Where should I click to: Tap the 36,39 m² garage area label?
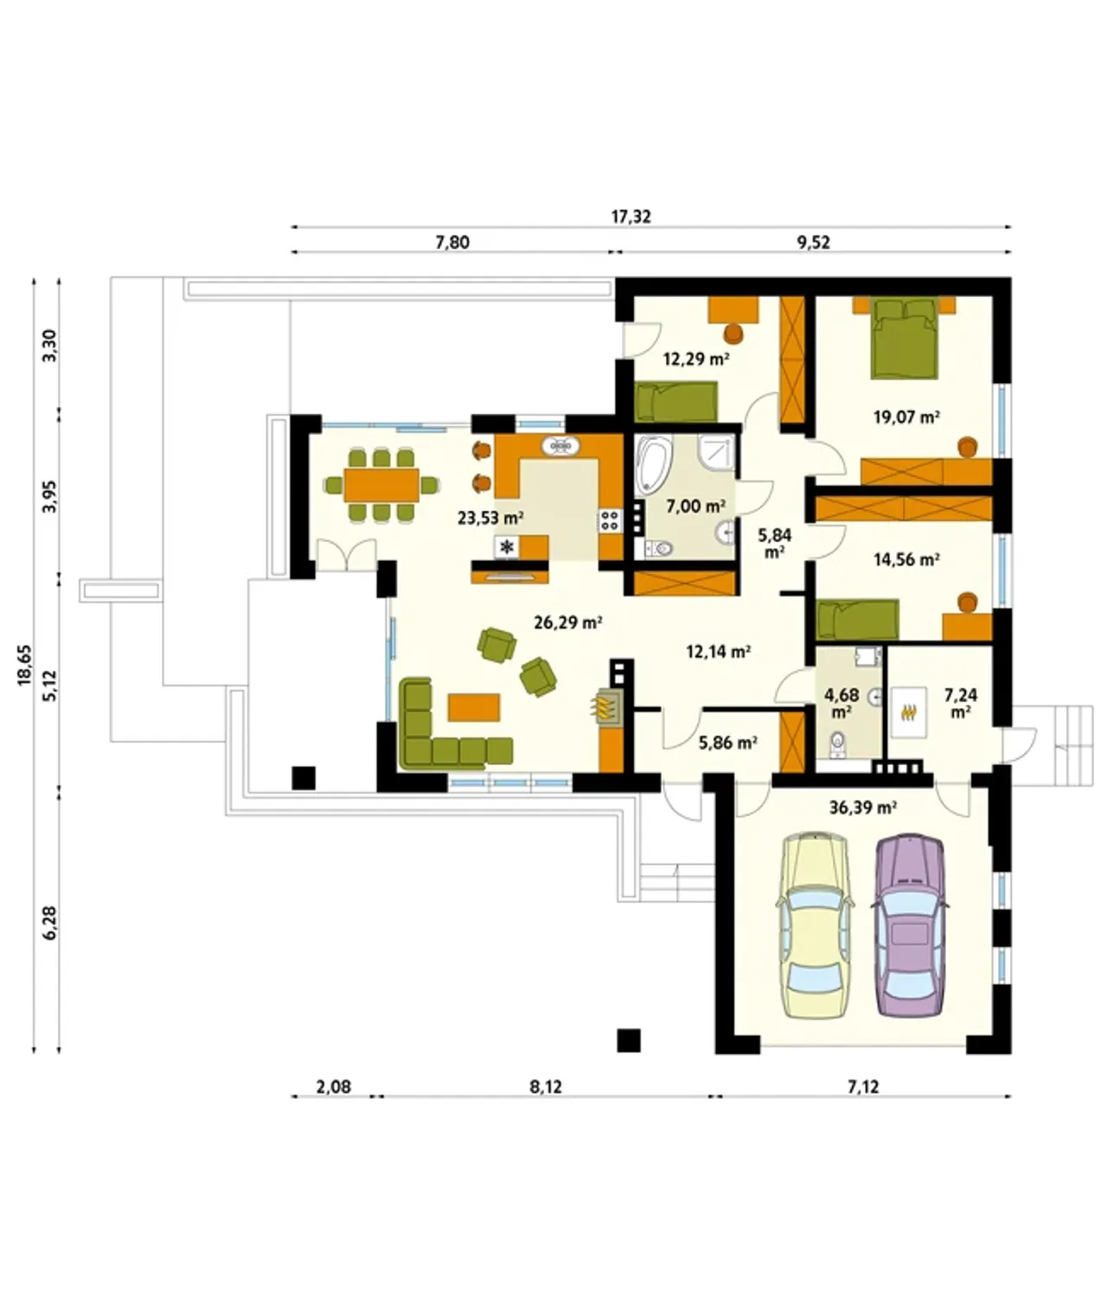point(862,807)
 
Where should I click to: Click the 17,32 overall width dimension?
point(630,217)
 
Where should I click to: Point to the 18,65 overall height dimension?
point(25,665)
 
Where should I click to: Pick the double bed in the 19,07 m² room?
point(904,339)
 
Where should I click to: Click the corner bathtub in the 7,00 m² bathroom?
point(652,465)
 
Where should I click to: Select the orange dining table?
point(381,485)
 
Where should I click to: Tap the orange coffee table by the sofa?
point(474,707)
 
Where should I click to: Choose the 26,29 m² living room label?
point(567,623)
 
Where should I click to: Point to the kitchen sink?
point(560,446)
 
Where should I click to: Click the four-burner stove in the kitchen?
point(609,520)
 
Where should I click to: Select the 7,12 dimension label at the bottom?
point(863,1087)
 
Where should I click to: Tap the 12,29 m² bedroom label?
point(696,360)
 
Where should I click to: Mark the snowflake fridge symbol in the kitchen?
point(507,547)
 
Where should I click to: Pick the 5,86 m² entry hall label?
point(728,743)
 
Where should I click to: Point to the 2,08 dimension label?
point(333,1087)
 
